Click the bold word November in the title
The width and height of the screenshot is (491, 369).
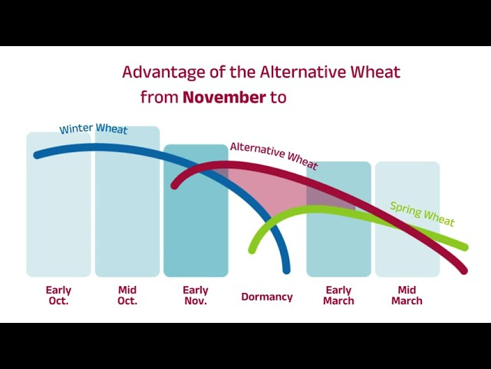[224, 98]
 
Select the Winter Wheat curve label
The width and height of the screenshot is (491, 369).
[94, 128]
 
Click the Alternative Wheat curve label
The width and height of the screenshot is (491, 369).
[274, 155]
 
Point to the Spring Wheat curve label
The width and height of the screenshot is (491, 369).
[422, 214]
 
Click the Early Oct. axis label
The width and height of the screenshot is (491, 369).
[58, 295]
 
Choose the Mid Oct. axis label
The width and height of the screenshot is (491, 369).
[127, 295]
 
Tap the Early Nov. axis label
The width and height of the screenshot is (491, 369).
[196, 295]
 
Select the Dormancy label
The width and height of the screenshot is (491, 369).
[267, 297]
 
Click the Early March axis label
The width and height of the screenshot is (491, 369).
[338, 295]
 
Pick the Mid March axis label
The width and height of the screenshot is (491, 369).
[407, 295]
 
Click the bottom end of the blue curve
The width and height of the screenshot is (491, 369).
[286, 271]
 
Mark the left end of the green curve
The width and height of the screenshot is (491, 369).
[252, 250]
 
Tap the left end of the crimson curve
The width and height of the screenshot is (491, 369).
[174, 185]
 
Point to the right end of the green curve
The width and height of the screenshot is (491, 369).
[465, 247]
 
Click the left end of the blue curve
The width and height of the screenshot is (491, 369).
[38, 155]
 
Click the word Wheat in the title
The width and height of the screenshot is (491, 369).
[375, 71]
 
